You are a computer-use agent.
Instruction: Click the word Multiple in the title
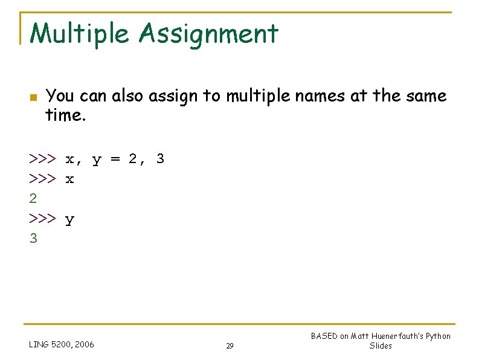(79, 34)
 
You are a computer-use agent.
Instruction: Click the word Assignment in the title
(208, 34)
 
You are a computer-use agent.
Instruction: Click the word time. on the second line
(66, 115)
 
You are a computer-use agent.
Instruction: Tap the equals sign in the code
(115, 159)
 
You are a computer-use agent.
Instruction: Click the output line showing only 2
(33, 199)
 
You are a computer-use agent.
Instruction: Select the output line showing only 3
(33, 239)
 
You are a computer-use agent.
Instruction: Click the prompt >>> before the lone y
(43, 219)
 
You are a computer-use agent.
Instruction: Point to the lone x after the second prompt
(70, 179)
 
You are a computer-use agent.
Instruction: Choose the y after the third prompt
(70, 220)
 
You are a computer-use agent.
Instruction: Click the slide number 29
(230, 346)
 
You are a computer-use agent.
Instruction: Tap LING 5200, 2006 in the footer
(62, 345)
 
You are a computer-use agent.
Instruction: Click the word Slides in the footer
(381, 346)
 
